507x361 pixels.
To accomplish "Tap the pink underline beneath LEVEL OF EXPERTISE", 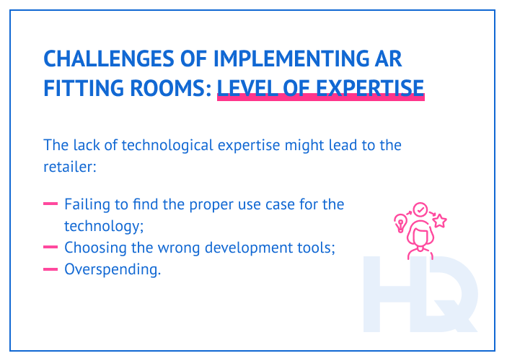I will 320,100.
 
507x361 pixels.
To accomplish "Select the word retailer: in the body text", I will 69,167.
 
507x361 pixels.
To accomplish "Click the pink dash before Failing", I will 50,204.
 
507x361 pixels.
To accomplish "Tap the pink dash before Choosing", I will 50,248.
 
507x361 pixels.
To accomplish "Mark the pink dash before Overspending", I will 50,270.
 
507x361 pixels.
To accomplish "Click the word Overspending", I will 112,270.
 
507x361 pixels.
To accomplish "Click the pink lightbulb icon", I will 400,222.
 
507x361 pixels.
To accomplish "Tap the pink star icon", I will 438,222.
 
